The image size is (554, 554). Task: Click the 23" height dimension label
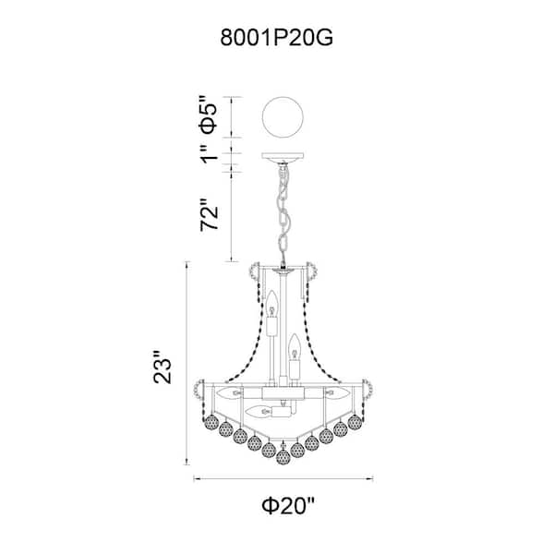click(163, 366)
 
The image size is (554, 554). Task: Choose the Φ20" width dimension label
click(287, 505)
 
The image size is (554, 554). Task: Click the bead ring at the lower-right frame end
click(367, 389)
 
